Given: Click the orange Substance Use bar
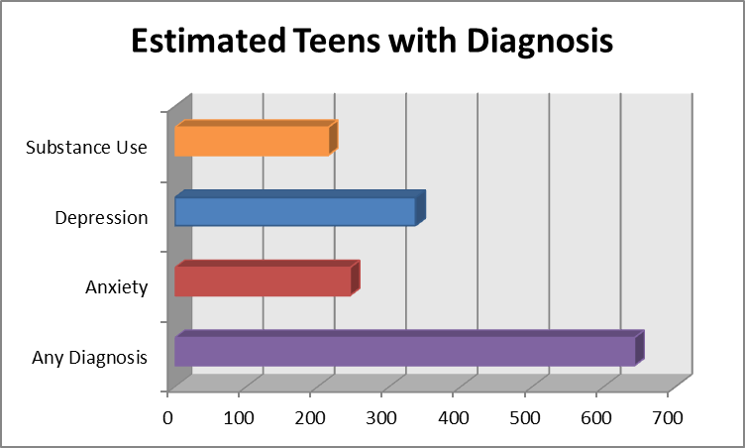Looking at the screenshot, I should [x=253, y=140].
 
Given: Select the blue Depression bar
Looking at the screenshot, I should [x=295, y=211].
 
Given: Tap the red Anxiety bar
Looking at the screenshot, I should [x=264, y=281].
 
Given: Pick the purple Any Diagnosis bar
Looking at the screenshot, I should [x=406, y=352].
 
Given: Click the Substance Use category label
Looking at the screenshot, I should [x=86, y=148].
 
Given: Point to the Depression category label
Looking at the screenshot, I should [x=101, y=218].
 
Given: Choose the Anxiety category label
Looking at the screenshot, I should [x=117, y=288].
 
